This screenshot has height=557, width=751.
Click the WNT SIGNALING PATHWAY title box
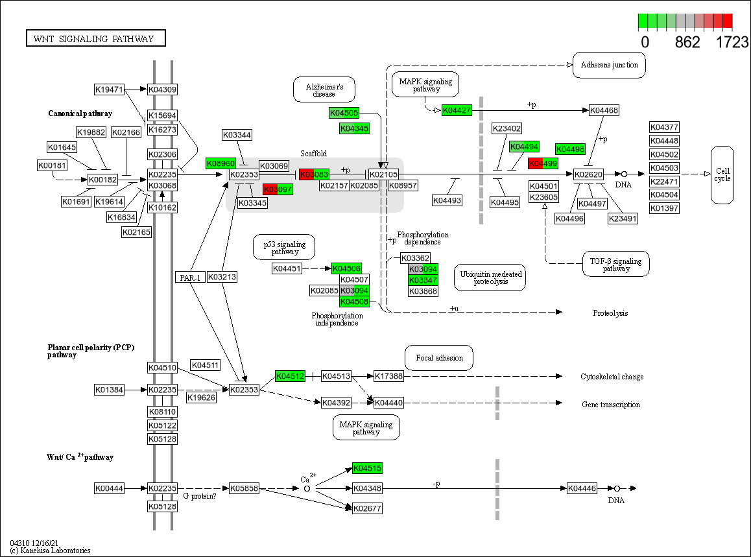[x=95, y=38]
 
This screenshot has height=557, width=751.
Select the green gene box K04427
[x=457, y=110]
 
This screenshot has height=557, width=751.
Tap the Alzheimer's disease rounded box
[x=324, y=89]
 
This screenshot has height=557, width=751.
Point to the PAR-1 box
[x=189, y=277]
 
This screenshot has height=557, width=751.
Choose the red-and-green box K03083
[x=315, y=174]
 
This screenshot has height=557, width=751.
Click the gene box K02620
[x=588, y=174]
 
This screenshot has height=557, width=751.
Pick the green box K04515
[x=367, y=468]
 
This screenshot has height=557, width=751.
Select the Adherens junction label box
[x=609, y=65]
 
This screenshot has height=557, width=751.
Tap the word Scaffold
[x=313, y=154]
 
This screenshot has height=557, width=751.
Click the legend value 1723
[x=732, y=42]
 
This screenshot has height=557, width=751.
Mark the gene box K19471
[x=109, y=89]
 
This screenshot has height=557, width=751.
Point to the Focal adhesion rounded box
[x=439, y=358]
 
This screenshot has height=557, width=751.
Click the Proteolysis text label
[x=610, y=313]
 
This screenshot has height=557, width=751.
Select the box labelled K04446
[x=582, y=488]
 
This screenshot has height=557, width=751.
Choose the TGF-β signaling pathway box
[x=615, y=265]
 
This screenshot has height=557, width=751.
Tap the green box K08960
[x=221, y=163]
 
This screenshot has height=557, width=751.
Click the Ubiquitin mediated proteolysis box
[x=490, y=278]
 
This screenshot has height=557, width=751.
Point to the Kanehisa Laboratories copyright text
[x=50, y=551]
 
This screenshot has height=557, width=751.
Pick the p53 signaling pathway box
[x=284, y=247]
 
